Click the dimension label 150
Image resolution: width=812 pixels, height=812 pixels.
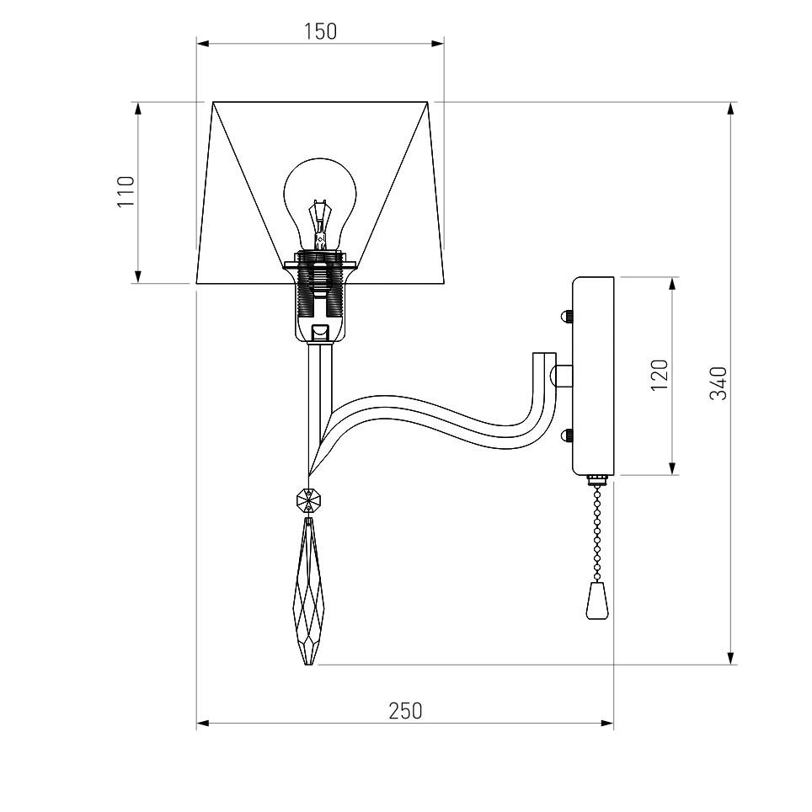[x=320, y=32]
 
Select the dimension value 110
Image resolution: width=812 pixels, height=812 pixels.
[x=126, y=191]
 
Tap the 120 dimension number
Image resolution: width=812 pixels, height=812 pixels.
[x=660, y=375]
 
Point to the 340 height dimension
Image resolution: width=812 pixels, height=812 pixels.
[x=719, y=383]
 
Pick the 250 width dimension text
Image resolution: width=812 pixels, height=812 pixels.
[x=405, y=711]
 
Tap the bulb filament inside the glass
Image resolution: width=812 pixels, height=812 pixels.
[x=319, y=224]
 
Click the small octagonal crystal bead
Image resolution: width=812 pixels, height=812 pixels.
[x=308, y=500]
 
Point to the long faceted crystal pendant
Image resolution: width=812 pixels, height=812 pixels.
[x=308, y=590]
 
